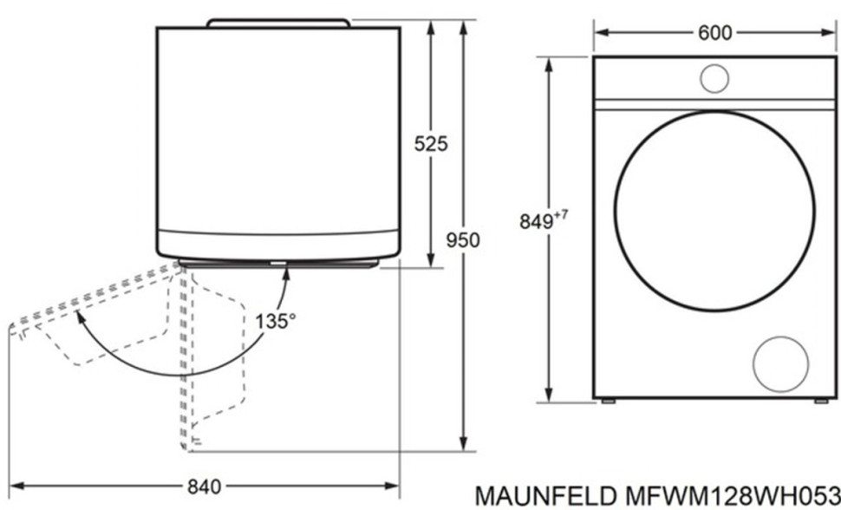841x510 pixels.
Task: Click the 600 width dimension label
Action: [714, 33]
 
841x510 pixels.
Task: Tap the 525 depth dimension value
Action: [431, 144]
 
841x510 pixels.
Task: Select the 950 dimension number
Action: [463, 239]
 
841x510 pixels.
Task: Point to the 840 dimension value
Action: [204, 486]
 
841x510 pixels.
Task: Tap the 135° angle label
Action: [276, 320]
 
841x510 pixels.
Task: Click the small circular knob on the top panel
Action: [714, 78]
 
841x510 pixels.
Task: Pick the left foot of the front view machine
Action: [609, 402]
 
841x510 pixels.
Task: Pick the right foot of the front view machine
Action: [820, 402]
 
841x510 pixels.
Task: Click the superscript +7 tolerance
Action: [563, 214]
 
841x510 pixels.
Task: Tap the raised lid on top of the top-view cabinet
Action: [278, 21]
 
